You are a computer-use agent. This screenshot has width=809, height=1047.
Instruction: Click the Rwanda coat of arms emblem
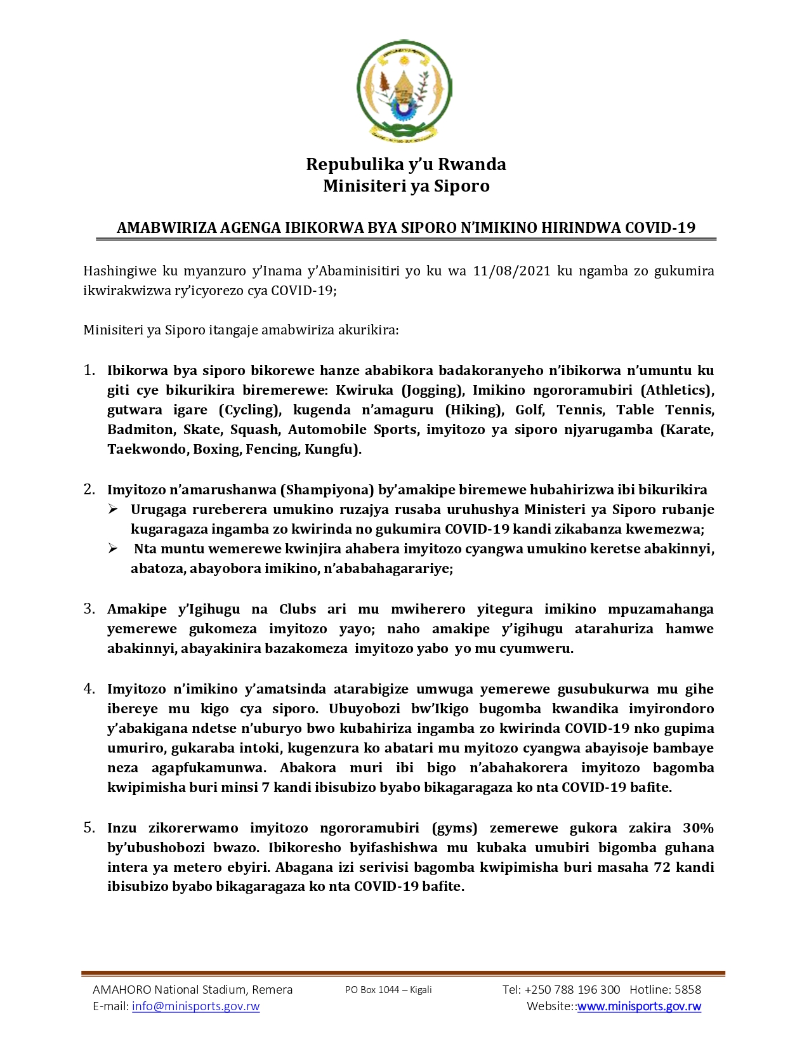click(x=404, y=90)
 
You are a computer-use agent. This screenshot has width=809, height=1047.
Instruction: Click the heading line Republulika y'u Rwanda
click(x=405, y=164)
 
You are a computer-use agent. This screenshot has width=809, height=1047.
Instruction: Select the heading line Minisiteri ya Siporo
click(x=406, y=186)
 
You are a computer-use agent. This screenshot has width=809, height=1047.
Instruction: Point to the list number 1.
click(x=89, y=370)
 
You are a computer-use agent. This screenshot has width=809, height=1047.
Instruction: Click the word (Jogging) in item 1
click(x=431, y=390)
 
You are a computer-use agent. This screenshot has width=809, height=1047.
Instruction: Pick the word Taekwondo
click(x=145, y=449)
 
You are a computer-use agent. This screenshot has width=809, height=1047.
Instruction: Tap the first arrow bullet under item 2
click(x=113, y=509)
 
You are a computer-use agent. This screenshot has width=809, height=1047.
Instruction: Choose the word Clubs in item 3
click(x=298, y=609)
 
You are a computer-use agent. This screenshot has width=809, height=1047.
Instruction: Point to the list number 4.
click(x=89, y=688)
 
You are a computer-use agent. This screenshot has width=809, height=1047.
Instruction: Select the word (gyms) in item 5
click(x=454, y=828)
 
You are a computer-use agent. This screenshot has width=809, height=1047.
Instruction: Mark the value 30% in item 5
click(x=698, y=828)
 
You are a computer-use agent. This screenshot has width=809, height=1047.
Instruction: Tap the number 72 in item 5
click(x=662, y=867)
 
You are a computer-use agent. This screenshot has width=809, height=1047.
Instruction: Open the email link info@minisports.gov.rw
click(x=195, y=1006)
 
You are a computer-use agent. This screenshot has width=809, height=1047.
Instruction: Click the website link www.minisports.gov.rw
click(x=639, y=1006)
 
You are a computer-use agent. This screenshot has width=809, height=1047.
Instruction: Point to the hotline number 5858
click(x=688, y=990)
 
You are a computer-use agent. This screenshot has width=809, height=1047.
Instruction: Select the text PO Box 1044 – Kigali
click(x=388, y=990)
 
